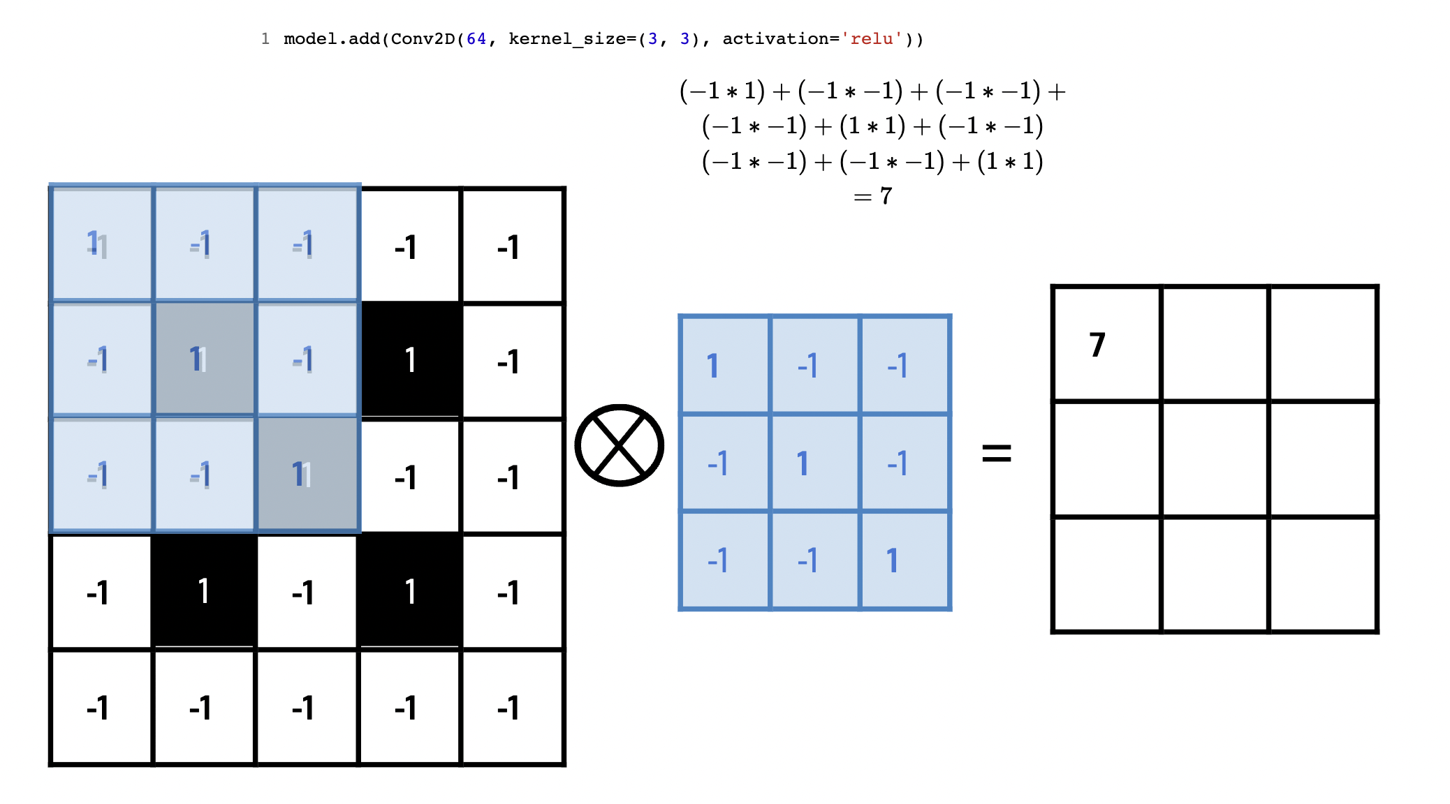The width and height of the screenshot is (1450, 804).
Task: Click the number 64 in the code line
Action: tap(476, 39)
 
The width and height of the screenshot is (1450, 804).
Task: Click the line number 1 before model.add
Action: tap(265, 39)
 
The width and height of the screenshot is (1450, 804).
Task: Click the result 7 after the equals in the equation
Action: tap(886, 196)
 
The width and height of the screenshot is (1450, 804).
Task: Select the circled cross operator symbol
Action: tap(619, 445)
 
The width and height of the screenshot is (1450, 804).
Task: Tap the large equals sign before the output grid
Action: tap(996, 453)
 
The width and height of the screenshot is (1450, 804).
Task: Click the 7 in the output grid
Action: tap(1097, 345)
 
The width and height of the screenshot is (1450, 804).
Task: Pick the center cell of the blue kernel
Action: tap(814, 463)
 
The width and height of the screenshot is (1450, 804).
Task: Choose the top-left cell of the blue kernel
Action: tap(725, 365)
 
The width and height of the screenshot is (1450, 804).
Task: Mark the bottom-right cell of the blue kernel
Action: tap(905, 560)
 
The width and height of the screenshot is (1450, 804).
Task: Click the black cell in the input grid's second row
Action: tap(410, 360)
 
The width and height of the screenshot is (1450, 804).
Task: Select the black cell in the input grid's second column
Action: tap(204, 591)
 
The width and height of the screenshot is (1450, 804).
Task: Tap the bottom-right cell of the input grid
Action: tap(513, 707)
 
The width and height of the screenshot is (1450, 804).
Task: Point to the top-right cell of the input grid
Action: tap(513, 246)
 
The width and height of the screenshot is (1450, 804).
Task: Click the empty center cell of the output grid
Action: tap(1215, 459)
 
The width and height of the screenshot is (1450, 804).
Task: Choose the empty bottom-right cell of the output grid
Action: tap(1323, 574)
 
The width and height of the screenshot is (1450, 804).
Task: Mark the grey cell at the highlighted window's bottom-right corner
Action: tap(307, 475)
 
